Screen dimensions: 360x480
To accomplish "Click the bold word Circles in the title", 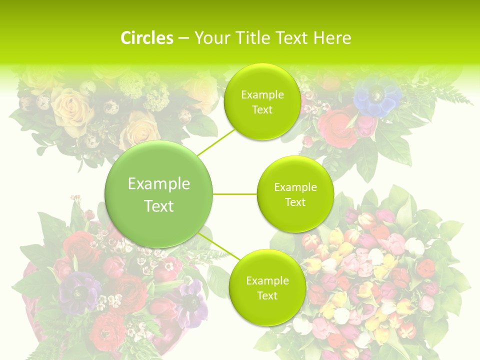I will pos(146,38).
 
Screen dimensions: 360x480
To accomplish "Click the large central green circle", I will pos(159,194).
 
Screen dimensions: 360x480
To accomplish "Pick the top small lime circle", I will pos(261,102).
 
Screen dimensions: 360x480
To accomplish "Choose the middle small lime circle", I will pos(295,194).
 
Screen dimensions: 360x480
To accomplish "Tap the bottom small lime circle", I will pos(267,288).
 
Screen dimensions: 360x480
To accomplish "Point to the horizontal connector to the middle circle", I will pos(235,194).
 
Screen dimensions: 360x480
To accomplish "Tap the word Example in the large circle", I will pos(159,184).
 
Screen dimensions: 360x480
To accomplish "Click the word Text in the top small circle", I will pos(262,110).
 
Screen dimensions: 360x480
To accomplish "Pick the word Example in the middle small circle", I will pos(295,187).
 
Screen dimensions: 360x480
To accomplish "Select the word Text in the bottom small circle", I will pos(267,295).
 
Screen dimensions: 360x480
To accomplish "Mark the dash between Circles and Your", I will pos(183,38).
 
